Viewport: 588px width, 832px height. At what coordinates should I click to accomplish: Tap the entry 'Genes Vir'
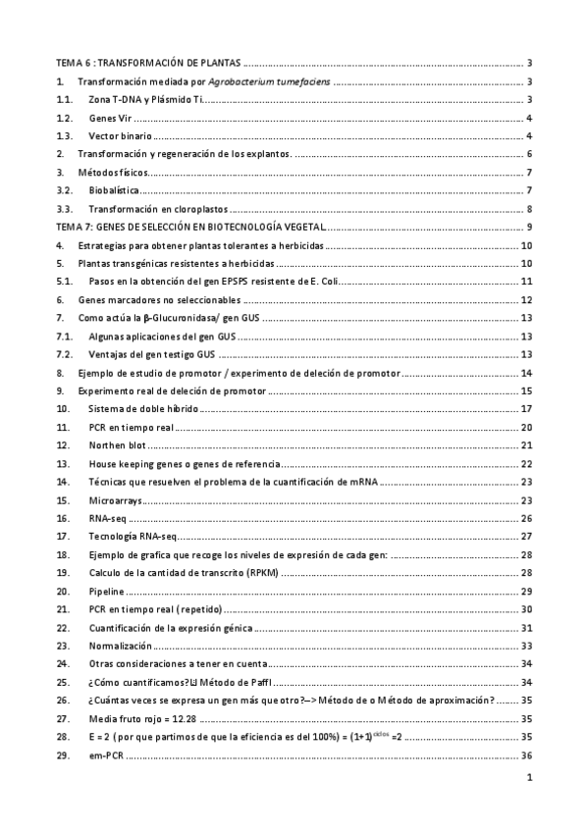click(113, 118)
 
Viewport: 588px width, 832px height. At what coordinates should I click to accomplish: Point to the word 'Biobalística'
click(115, 190)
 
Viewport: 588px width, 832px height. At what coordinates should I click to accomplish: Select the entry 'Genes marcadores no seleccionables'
click(158, 299)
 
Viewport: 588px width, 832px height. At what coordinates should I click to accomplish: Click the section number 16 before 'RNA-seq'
click(63, 517)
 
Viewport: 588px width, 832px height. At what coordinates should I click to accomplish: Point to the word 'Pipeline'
click(106, 591)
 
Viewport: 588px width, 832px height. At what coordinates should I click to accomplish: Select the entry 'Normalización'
click(120, 646)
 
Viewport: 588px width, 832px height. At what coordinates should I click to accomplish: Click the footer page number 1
click(528, 780)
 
